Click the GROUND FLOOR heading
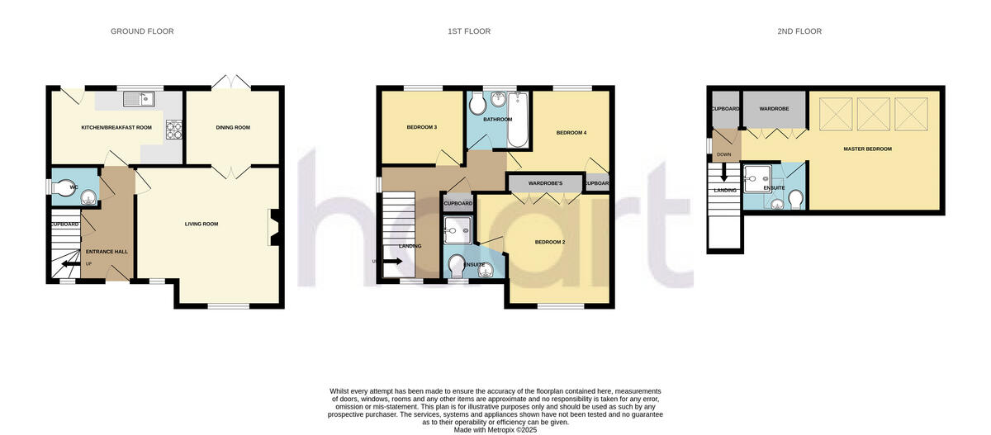tap(142, 31)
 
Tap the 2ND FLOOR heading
tap(799, 31)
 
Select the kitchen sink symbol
tap(140, 100)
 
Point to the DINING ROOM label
tap(233, 128)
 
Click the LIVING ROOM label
tap(201, 224)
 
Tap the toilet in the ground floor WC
tap(64, 187)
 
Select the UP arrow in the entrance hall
tap(70, 264)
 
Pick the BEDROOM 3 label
tap(422, 127)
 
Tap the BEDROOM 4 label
tap(571, 133)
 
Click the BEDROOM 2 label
tap(549, 242)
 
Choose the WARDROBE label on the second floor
tap(775, 108)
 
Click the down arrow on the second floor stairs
tap(724, 174)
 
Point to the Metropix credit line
tap(495, 429)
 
